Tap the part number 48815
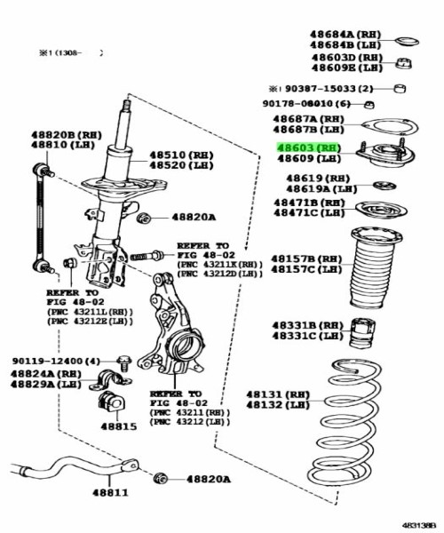tap(117, 426)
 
